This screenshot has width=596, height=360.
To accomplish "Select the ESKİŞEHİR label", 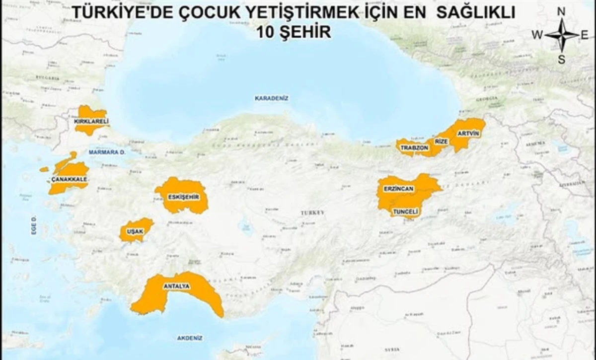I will pyautogui.click(x=183, y=197).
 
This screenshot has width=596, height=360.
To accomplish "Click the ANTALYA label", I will pyautogui.click(x=175, y=287).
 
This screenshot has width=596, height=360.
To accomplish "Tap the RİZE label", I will pyautogui.click(x=441, y=142).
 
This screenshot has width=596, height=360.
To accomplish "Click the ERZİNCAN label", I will pyautogui.click(x=398, y=190).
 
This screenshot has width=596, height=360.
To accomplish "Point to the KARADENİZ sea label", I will pyautogui.click(x=272, y=98).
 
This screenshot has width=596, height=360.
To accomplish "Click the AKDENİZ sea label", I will pyautogui.click(x=190, y=338).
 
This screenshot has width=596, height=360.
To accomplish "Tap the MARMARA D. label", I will pyautogui.click(x=107, y=152).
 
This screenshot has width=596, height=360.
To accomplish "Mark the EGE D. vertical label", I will pyautogui.click(x=34, y=225).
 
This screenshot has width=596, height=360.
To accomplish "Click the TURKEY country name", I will pyautogui.click(x=312, y=213).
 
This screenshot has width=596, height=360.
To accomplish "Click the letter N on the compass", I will pyautogui.click(x=561, y=11).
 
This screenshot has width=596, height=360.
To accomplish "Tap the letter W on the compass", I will pyautogui.click(x=537, y=35).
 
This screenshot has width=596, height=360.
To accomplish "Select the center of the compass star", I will pyautogui.click(x=562, y=35).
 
